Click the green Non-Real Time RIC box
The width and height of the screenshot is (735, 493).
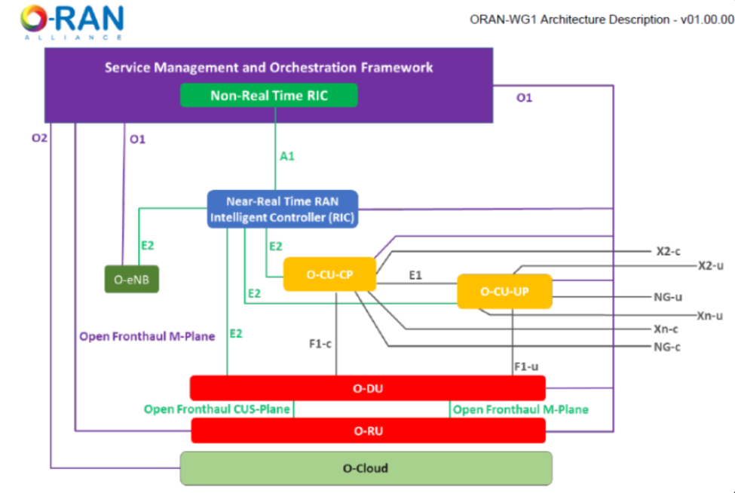click(269, 95)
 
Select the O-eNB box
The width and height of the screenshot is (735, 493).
click(132, 280)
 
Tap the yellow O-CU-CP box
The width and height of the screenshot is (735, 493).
click(329, 274)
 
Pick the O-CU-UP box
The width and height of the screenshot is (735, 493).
click(504, 292)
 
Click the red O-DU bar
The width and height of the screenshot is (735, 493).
click(368, 388)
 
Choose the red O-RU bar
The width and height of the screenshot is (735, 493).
click(369, 430)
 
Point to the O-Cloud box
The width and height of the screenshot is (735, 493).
click(366, 468)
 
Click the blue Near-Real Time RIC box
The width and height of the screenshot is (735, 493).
click(283, 209)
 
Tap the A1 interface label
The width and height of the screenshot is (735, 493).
click(287, 156)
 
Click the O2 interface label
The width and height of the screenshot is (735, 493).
click(39, 138)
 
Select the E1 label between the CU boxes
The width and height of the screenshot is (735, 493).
click(415, 275)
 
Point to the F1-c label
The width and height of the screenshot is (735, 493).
click(320, 344)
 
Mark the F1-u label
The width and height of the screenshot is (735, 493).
click(526, 366)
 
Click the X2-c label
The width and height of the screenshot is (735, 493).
click(669, 252)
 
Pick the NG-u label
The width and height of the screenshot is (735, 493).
click(668, 297)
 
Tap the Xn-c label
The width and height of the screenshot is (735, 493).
click(666, 329)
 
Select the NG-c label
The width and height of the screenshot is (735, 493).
click(667, 348)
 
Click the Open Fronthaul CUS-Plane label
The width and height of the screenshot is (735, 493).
click(216, 409)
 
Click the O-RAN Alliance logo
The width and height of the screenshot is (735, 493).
click(72, 22)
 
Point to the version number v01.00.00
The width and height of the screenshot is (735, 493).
click(707, 20)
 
